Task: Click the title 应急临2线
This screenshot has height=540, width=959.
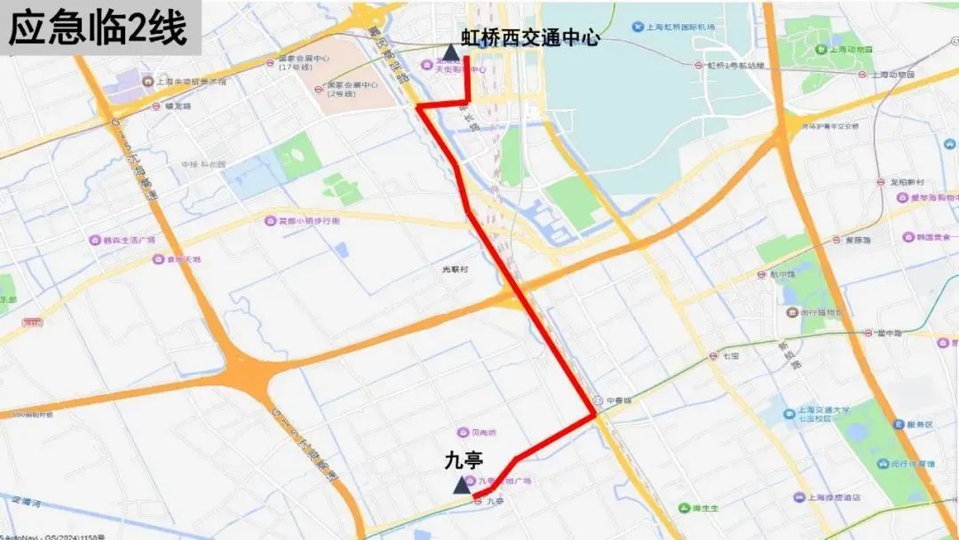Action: [98, 28]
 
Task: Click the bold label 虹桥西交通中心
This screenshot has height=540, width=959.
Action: [530, 38]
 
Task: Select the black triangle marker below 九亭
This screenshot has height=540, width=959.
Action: [462, 485]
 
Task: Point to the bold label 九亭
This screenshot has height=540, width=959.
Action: [463, 461]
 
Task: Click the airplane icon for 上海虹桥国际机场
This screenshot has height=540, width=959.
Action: [637, 27]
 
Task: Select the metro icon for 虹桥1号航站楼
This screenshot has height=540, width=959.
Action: [700, 65]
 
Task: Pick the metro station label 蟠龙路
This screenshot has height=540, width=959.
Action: [178, 106]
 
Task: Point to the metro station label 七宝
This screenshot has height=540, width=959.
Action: [730, 355]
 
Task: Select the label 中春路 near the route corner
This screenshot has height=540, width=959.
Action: [618, 401]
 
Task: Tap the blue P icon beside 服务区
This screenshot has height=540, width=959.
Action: [899, 425]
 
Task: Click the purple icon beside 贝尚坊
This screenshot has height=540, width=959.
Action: [463, 433]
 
